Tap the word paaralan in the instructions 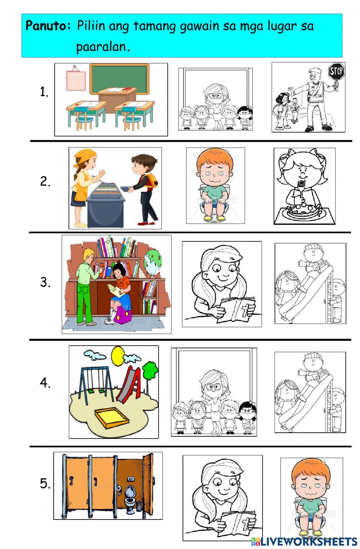click(103, 46)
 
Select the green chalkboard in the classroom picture click(119, 79)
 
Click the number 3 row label click(45, 282)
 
